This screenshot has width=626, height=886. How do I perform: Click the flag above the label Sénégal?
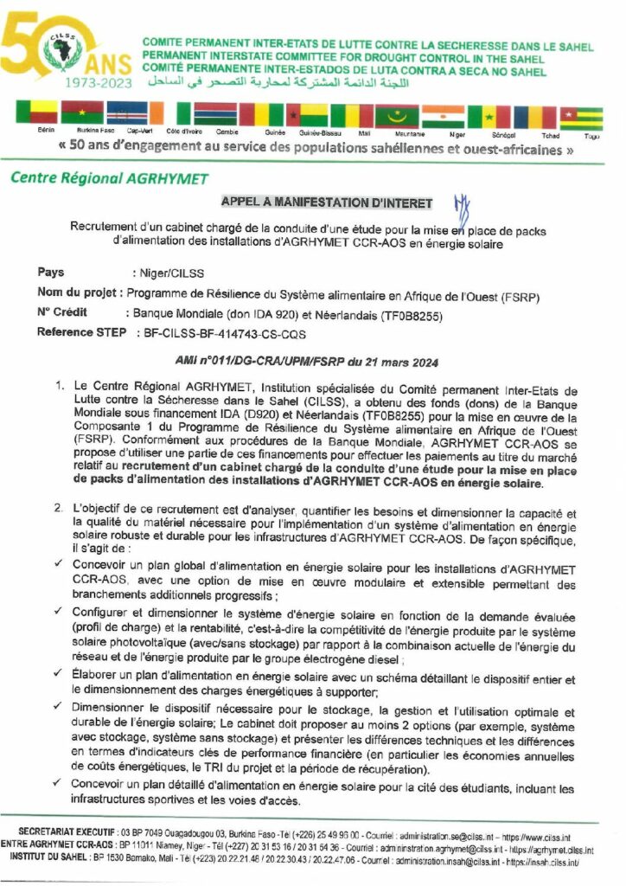489,115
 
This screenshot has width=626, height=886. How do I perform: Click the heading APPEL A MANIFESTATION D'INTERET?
327,203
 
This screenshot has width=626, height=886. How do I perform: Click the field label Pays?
51,273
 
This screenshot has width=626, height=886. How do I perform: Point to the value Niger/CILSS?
162,274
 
